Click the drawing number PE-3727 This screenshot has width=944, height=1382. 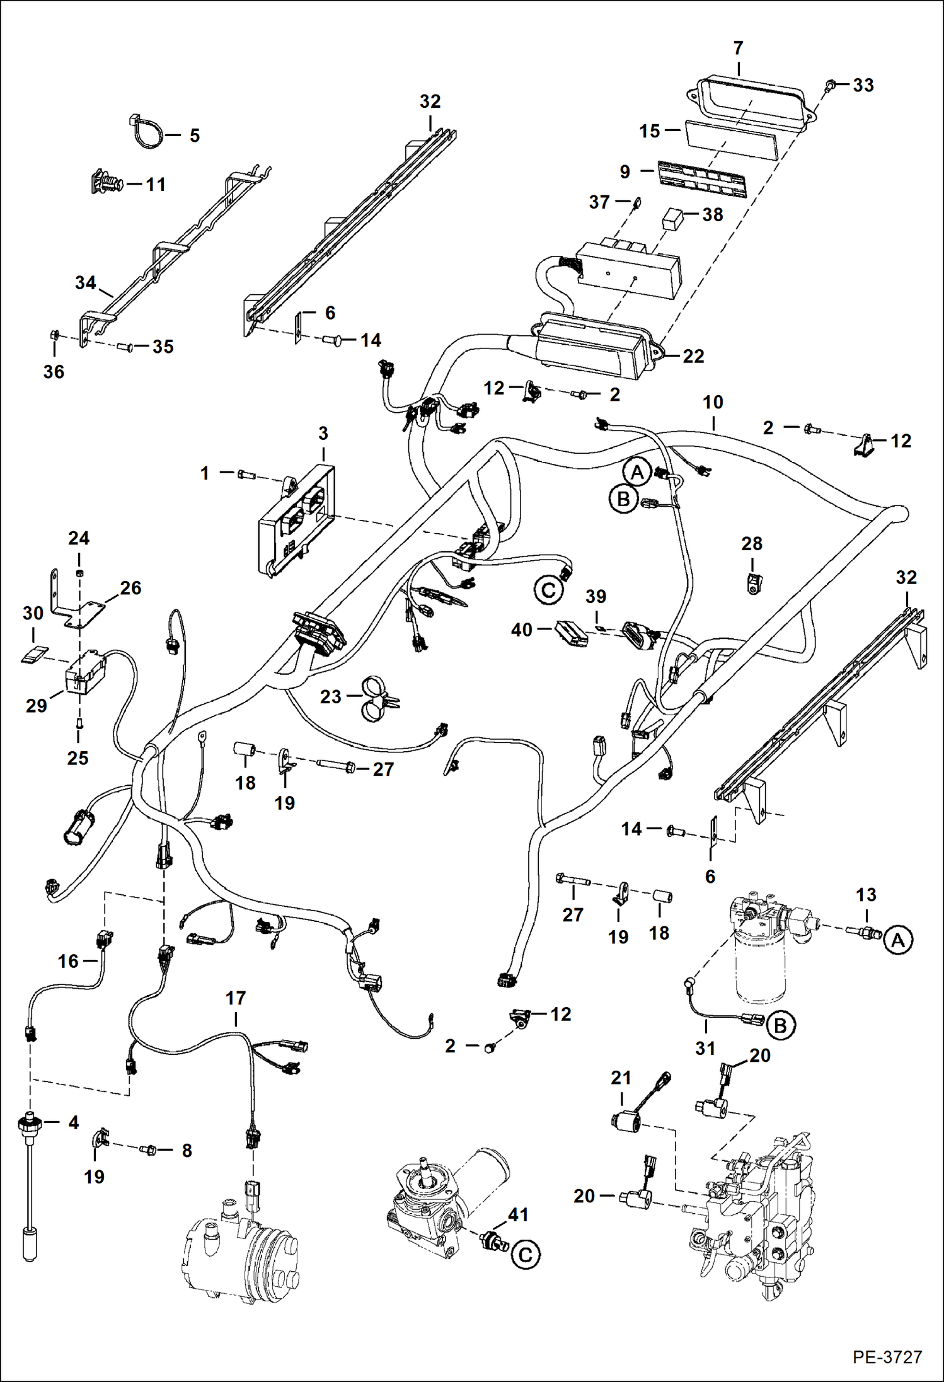tap(887, 1357)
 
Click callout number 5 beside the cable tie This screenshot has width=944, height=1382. tap(195, 135)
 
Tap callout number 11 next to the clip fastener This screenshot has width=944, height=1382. tap(156, 185)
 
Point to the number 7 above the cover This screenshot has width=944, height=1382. tap(738, 48)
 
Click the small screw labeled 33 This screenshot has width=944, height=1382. tap(831, 84)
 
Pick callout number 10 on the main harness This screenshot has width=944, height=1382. tap(713, 402)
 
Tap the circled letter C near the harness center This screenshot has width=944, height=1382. tap(548, 590)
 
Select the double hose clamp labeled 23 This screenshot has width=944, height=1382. tap(377, 698)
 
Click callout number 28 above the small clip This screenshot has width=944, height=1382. tap(752, 544)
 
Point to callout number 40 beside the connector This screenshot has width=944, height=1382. tap(521, 630)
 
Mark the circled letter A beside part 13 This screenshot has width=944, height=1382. tap(898, 941)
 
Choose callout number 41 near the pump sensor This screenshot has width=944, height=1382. tap(518, 1214)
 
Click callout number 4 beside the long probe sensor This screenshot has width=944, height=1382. tap(73, 1122)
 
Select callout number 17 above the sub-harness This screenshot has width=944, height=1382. tap(235, 998)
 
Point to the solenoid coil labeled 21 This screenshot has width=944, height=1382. tap(625, 1122)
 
